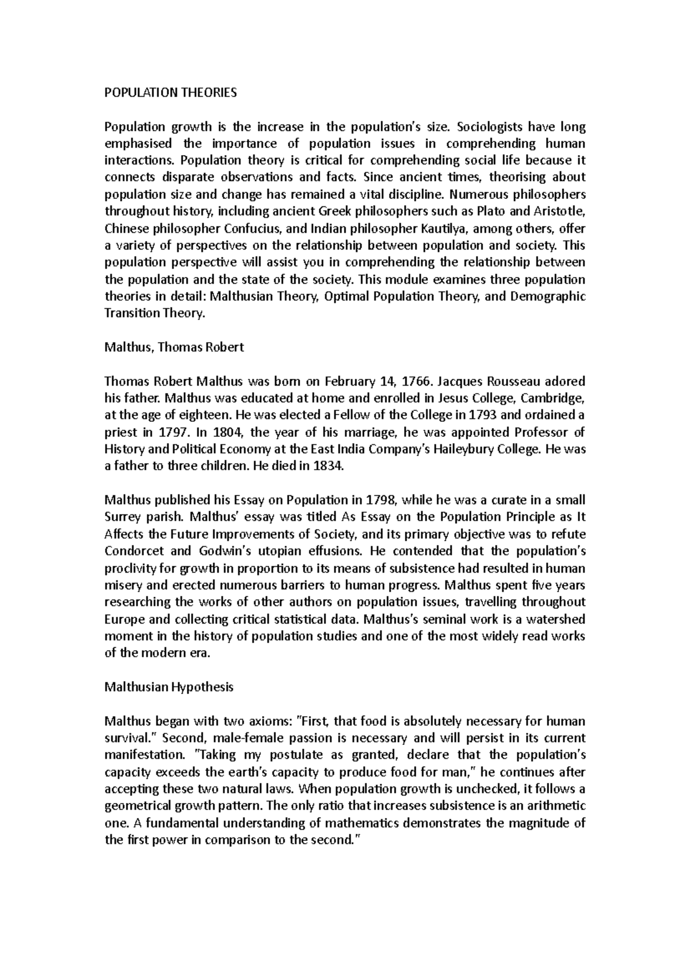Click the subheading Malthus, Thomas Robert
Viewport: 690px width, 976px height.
point(174,347)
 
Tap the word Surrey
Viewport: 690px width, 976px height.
point(122,517)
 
